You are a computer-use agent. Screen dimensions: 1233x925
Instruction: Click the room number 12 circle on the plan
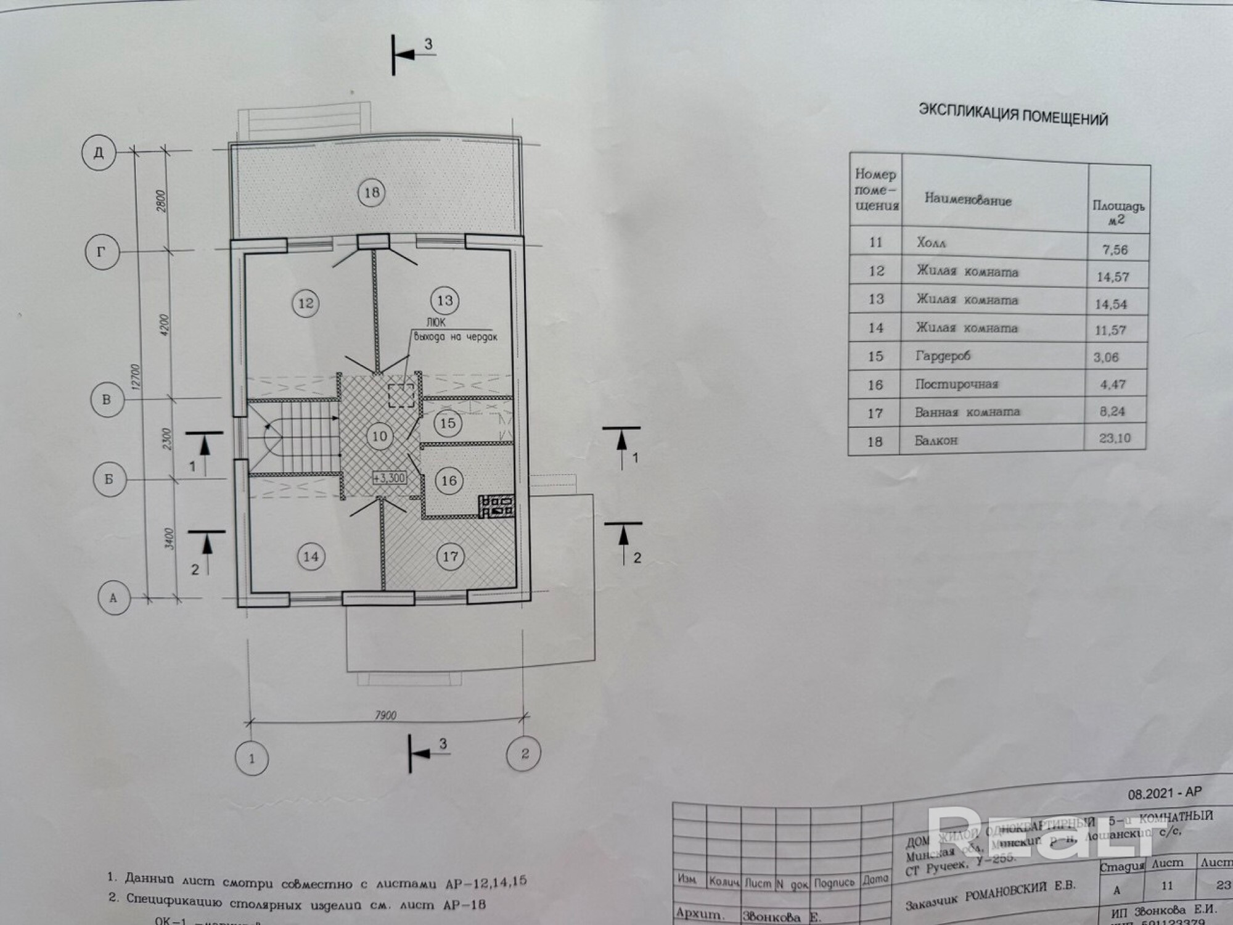[x=306, y=303]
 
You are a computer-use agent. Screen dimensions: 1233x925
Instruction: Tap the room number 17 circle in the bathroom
[x=450, y=557]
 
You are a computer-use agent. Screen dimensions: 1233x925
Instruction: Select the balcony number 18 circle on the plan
[x=371, y=192]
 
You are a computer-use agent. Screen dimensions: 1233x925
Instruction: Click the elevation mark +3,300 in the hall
[x=389, y=477]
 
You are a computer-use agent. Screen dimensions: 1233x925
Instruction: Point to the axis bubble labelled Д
[x=99, y=152]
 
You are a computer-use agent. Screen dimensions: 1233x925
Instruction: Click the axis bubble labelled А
[x=113, y=598]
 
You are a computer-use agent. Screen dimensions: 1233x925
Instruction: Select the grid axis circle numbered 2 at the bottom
[x=524, y=754]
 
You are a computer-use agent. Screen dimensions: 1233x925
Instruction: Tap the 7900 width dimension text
[x=385, y=715]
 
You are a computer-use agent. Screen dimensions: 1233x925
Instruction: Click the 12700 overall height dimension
[x=136, y=376]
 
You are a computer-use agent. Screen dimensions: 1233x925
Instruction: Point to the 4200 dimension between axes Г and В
[x=165, y=325]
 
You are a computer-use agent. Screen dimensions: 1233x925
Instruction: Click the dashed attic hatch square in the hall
[x=401, y=395]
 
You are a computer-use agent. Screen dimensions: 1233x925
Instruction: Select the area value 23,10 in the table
[x=1114, y=438]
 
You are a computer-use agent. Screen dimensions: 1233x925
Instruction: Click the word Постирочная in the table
[x=956, y=384]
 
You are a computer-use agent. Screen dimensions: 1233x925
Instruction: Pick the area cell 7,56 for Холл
[x=1115, y=249]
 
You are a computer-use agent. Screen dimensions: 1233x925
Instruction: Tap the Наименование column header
[x=967, y=199]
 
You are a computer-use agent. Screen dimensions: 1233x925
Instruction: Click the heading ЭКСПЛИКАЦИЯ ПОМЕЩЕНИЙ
[x=1013, y=114]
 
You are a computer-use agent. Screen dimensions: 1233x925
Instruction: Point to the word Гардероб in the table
[x=943, y=356]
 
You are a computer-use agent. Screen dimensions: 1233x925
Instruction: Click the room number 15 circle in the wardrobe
[x=448, y=423]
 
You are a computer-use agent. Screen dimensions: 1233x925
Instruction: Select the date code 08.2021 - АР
[x=1165, y=794]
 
